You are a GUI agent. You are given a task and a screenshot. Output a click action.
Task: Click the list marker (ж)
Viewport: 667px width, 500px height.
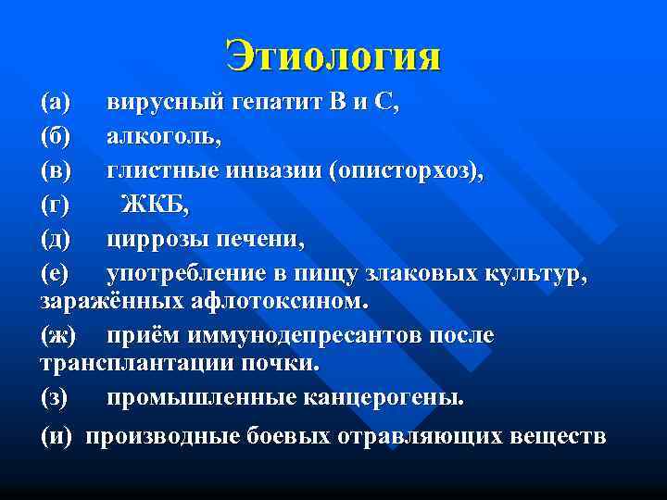pos(58,333)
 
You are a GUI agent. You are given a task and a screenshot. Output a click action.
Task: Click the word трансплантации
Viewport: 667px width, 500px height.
pos(138,364)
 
